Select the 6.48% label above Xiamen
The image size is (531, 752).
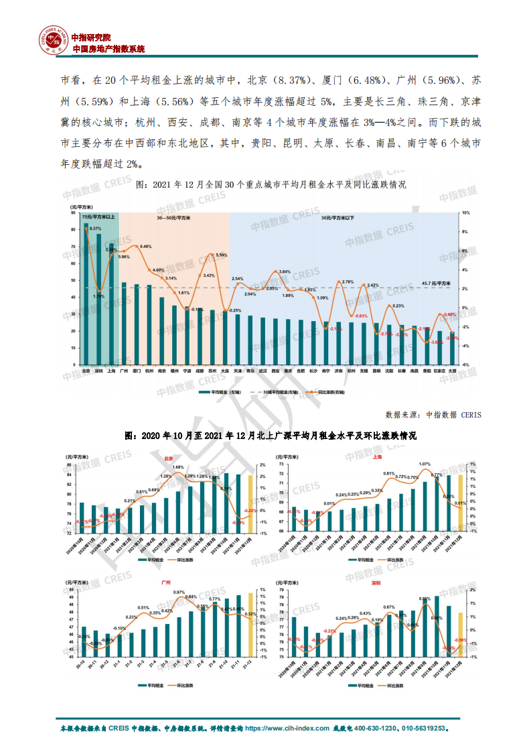[145, 247]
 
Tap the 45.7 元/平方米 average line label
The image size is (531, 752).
[437, 283]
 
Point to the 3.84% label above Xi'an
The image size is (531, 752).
[285, 271]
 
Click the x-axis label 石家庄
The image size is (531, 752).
[439, 370]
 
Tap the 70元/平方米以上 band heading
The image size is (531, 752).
[98, 218]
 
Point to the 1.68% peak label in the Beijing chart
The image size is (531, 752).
[178, 467]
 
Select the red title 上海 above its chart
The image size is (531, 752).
[377, 457]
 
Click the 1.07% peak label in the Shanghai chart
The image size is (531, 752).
[425, 464]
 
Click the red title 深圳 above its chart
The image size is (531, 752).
[377, 583]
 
